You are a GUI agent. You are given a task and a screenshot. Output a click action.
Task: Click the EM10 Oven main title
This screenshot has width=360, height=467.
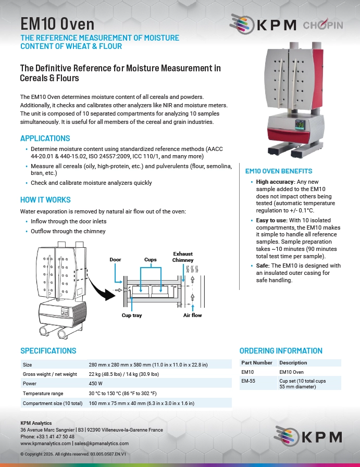(57, 24)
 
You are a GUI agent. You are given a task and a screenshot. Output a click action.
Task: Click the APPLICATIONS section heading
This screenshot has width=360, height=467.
(45, 138)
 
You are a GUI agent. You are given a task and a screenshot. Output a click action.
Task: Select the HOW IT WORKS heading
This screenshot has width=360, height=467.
(45, 199)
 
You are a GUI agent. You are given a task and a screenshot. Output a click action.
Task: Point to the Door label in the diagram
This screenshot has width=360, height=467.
(115, 259)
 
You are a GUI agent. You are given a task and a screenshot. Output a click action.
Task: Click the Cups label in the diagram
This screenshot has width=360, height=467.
(151, 259)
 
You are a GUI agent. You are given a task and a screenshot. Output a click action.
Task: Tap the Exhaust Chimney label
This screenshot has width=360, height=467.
(183, 257)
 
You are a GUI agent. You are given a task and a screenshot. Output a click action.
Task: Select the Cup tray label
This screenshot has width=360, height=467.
(132, 315)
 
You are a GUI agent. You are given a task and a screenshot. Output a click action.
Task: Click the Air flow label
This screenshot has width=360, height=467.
(193, 315)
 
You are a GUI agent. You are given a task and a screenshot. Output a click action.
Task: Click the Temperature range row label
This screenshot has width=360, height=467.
(43, 394)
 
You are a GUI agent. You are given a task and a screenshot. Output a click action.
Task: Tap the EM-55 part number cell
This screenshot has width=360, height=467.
(248, 381)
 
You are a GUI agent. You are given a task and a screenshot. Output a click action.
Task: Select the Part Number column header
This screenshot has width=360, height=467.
(257, 362)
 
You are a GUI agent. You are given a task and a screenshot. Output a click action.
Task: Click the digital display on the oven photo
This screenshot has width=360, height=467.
(300, 124)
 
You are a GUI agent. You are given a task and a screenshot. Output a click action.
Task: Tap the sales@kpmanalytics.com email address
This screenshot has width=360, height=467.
(102, 444)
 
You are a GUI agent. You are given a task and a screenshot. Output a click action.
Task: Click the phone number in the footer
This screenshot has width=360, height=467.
(47, 437)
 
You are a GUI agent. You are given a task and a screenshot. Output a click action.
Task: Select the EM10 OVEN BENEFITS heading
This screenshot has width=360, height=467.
(279, 171)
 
